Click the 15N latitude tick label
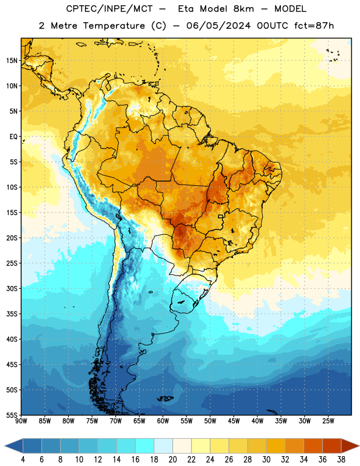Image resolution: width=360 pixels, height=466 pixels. pos(12,61)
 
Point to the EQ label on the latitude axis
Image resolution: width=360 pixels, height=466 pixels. pos(13,137)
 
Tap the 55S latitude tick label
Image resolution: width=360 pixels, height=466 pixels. pos(12,415)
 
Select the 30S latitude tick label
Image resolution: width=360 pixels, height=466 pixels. pos(12,288)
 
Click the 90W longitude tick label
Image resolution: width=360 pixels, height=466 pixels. pos(21,421)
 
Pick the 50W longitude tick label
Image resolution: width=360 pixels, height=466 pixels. pos(210,421)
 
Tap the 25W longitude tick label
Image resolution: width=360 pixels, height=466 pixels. pos(328,421)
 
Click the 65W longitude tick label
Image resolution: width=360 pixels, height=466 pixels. pos(139,421)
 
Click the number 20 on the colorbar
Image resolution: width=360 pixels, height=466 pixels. pos(172,460)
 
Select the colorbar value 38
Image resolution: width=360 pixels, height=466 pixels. pos(341,460)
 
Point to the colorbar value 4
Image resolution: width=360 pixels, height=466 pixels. pos(23,460)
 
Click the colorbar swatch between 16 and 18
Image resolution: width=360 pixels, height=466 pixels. pos(145,446)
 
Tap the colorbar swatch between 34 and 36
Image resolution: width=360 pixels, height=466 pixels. pos(313,446)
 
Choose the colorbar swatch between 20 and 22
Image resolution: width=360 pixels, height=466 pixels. pos(182,446)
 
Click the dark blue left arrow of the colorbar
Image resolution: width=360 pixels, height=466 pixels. pos(14,446)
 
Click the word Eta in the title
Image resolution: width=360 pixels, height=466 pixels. pos(185,9)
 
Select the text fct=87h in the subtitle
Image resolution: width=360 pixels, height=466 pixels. pos(314,26)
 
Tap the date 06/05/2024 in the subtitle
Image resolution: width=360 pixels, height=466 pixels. pos(218,26)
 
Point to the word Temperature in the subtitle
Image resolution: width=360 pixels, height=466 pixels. pos(114,26)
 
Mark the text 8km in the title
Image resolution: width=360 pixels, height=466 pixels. pos(243,9)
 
